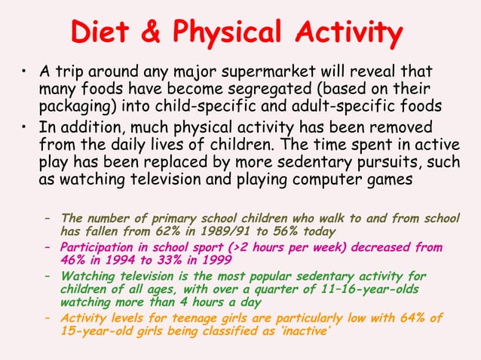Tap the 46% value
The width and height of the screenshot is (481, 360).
tap(73, 260)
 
